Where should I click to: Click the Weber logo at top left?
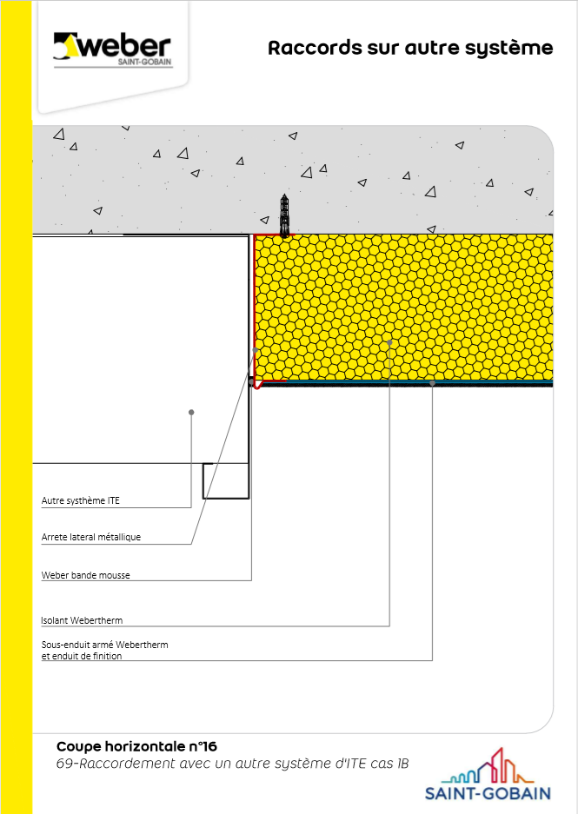[112, 50]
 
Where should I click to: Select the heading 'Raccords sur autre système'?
[410, 48]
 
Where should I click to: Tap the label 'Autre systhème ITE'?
[81, 500]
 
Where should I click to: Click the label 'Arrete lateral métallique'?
[91, 537]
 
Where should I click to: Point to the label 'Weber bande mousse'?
[86, 575]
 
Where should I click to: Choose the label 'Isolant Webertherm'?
[82, 620]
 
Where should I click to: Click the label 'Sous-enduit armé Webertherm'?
[105, 645]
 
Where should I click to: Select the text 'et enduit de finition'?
[82, 656]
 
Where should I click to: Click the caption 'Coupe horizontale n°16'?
[136, 746]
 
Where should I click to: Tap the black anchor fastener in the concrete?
[284, 215]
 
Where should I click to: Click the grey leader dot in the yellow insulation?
[389, 342]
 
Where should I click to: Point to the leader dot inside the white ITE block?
[191, 412]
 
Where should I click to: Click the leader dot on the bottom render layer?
[432, 383]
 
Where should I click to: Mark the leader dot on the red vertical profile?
[256, 350]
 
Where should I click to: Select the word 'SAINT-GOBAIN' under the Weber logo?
[144, 63]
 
